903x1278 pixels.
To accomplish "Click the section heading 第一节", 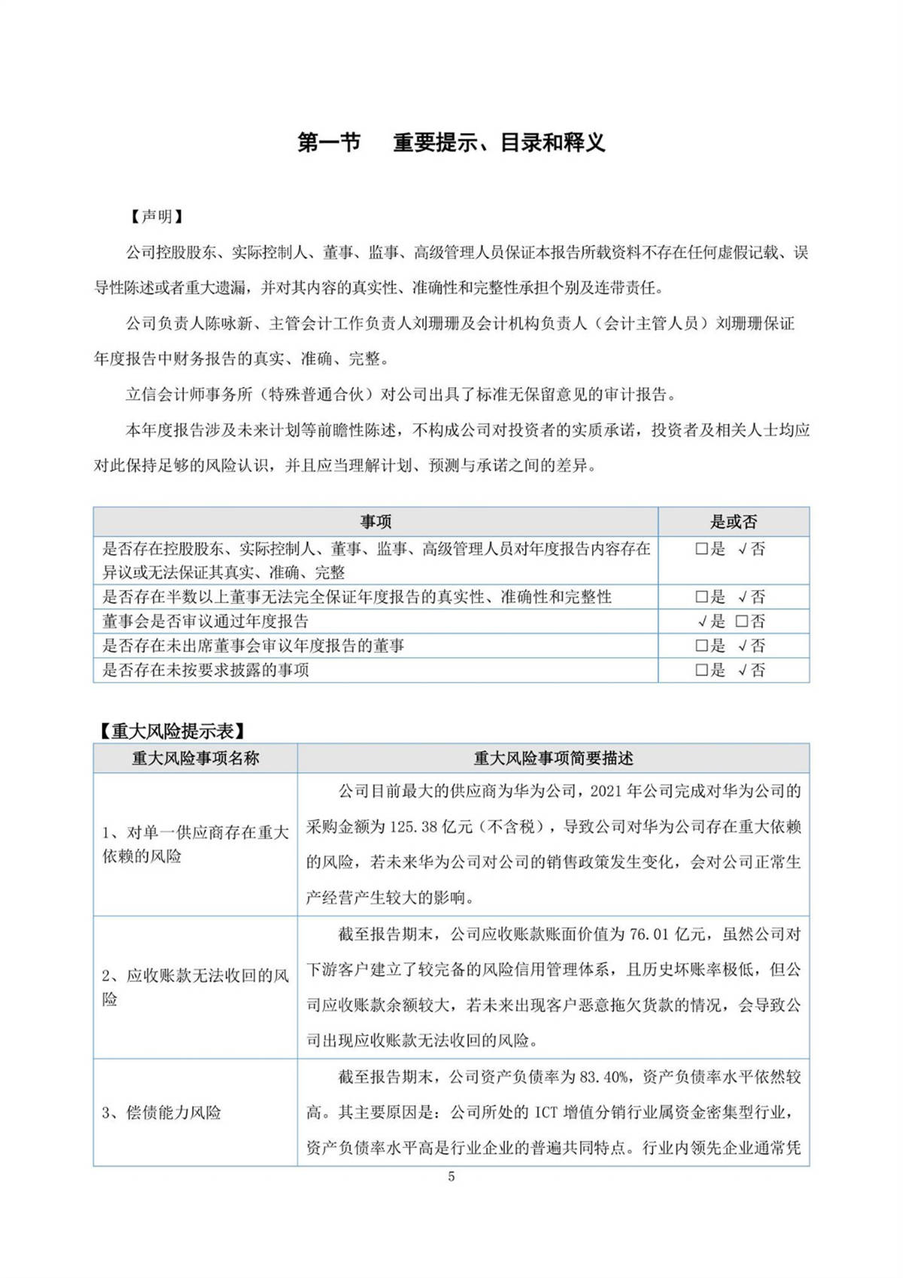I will [x=329, y=142].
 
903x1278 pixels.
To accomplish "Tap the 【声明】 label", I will [x=157, y=217].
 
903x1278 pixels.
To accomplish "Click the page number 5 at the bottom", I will [x=451, y=1177].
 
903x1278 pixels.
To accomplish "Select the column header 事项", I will [x=375, y=522].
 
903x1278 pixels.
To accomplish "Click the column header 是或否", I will [x=734, y=522].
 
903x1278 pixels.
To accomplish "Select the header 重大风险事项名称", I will [x=195, y=758].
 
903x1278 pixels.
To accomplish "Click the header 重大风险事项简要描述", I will [x=553, y=758].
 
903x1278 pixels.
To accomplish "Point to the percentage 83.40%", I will [x=604, y=1078].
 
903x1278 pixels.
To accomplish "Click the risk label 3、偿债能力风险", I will [x=162, y=1113].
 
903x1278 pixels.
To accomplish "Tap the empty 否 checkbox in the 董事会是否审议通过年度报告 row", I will [x=741, y=622].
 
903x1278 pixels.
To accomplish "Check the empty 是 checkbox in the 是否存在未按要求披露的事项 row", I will [x=701, y=670].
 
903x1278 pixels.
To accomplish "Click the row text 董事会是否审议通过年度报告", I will [x=205, y=622].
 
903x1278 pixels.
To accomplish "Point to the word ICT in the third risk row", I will [x=547, y=1113].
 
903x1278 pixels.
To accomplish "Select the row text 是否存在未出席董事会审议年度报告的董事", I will [x=253, y=646].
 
